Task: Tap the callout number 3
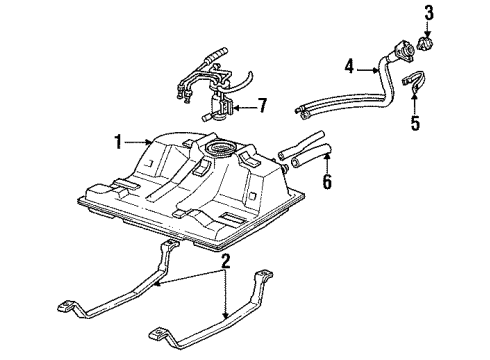click(x=429, y=13)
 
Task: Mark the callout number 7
click(x=261, y=105)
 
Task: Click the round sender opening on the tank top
click(x=219, y=150)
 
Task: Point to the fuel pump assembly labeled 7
click(x=222, y=103)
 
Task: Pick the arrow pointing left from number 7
click(x=241, y=105)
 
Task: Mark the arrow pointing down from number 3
click(x=429, y=33)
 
